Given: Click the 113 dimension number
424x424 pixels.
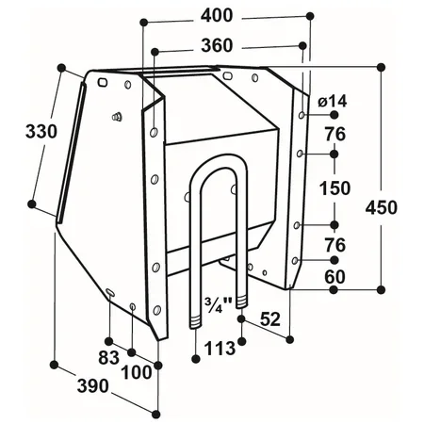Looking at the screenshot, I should (x=219, y=347).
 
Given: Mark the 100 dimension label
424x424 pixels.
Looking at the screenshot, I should (x=137, y=372).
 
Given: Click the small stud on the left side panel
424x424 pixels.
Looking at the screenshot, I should (x=114, y=117).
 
